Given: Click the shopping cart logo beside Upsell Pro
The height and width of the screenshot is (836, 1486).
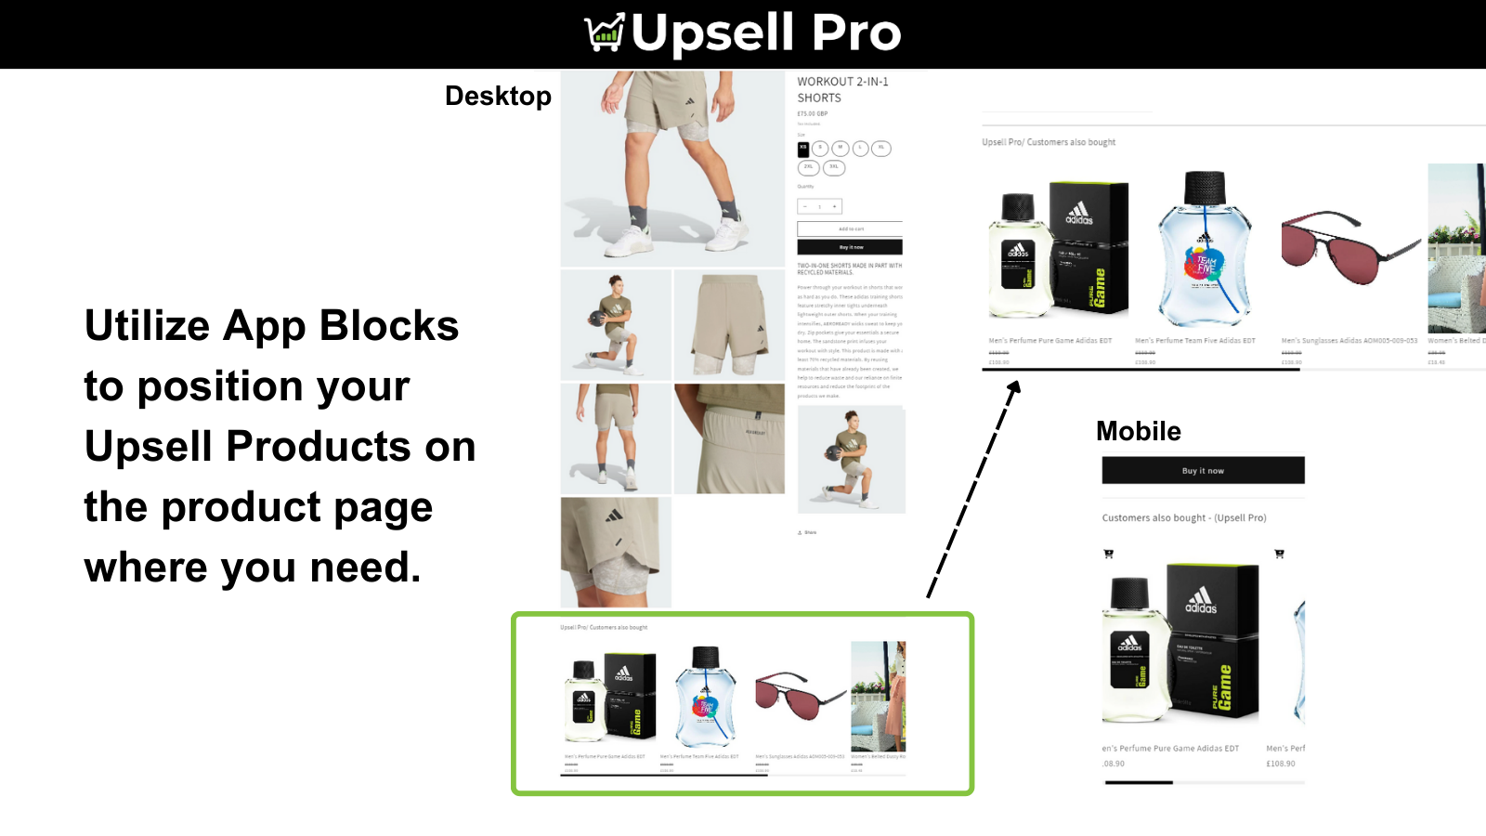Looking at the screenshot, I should [x=605, y=33].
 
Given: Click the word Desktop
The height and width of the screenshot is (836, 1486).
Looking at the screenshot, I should [x=498, y=96].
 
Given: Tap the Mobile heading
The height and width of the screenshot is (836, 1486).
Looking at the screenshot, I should [x=1138, y=431].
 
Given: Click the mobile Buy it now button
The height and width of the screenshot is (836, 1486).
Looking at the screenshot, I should [x=1203, y=470].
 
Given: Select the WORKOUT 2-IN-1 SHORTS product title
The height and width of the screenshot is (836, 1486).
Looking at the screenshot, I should [x=842, y=89].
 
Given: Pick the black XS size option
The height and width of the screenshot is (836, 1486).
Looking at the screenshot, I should [x=803, y=148].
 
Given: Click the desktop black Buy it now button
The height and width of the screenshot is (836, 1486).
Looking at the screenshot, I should [x=850, y=247].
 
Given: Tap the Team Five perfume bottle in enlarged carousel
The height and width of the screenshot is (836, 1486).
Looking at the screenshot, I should [x=1205, y=251].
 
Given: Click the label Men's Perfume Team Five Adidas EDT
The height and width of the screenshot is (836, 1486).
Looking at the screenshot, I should [x=1194, y=341].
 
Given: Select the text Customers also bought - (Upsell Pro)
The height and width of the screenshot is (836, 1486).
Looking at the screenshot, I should [x=1183, y=518].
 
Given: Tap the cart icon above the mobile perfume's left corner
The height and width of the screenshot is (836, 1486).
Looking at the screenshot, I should [x=1108, y=554].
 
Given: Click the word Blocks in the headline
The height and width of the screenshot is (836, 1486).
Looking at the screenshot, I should [x=388, y=326].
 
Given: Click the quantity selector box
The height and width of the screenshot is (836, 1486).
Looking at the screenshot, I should [x=819, y=206].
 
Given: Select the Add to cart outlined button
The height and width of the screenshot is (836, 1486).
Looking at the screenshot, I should [x=850, y=229].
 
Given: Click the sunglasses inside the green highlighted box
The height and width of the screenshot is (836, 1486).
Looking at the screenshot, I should [x=799, y=695].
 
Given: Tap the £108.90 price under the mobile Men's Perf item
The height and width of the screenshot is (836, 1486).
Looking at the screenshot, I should [x=1280, y=764].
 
